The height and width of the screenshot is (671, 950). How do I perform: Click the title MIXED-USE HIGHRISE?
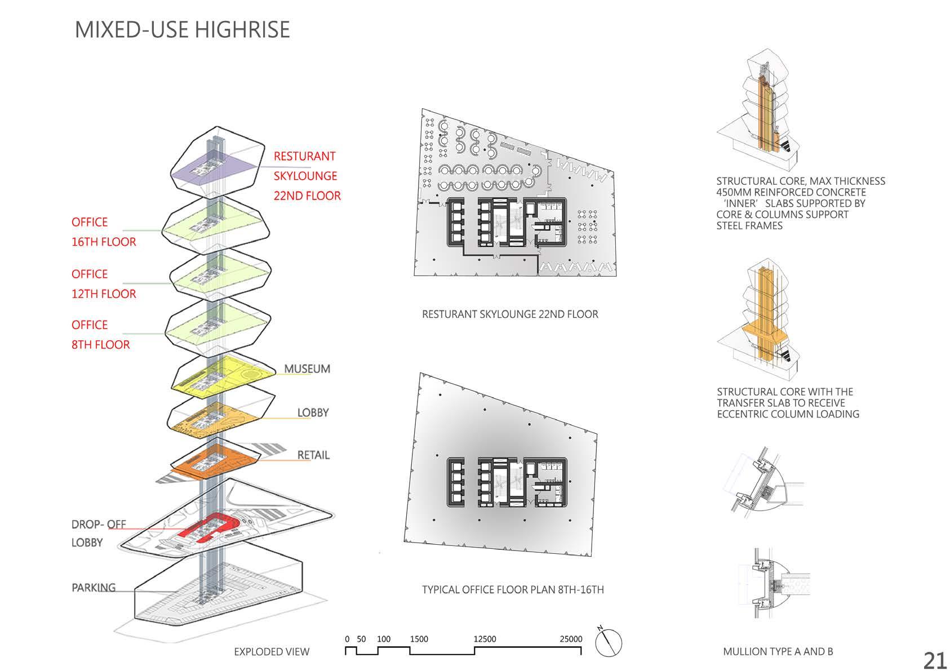[182, 29]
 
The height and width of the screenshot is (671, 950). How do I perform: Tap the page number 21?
[934, 660]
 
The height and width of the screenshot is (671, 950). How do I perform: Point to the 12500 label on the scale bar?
[485, 639]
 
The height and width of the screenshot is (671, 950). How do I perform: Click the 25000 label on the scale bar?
[571, 639]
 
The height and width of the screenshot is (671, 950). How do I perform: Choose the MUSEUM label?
[307, 369]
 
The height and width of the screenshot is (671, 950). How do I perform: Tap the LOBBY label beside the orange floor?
[313, 412]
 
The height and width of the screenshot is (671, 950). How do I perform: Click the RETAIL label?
[313, 455]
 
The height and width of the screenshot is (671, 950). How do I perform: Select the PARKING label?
[94, 588]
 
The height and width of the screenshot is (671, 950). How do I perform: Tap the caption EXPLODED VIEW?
[272, 652]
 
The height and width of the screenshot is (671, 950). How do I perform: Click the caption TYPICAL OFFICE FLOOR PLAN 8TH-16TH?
[513, 590]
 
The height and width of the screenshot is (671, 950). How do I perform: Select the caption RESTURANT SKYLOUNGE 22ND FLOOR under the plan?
[510, 314]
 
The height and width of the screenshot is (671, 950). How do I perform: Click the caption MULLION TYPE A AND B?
[778, 652]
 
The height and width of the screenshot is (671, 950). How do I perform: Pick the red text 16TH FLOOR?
[104, 242]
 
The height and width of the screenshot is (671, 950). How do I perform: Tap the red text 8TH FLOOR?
[100, 345]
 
